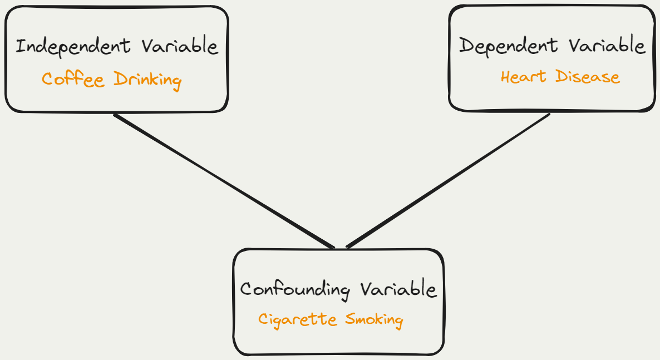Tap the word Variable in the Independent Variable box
click(x=179, y=46)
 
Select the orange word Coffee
click(x=73, y=79)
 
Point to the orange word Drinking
click(x=147, y=80)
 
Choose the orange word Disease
click(x=588, y=76)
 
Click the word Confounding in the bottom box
click(x=295, y=290)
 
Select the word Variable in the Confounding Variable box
click(x=398, y=289)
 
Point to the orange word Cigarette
click(x=298, y=320)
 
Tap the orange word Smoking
click(x=374, y=320)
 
